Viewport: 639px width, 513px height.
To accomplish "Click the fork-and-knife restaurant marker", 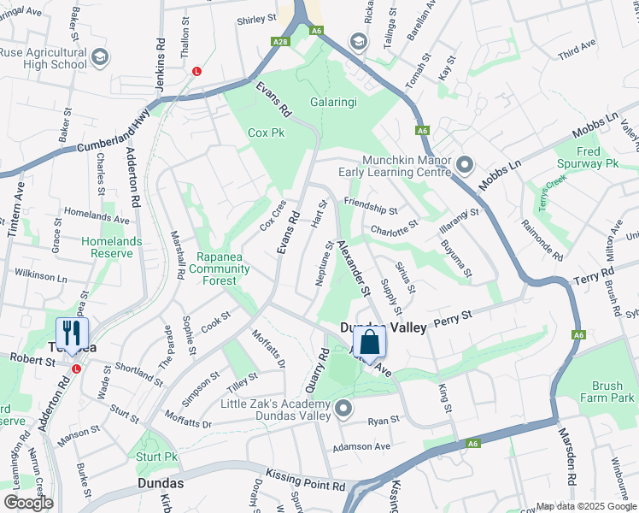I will tap(71, 335).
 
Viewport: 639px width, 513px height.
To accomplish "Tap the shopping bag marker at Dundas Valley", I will tap(369, 343).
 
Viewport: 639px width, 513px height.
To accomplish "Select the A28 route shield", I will tap(280, 41).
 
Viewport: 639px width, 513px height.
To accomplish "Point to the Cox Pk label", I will tap(266, 133).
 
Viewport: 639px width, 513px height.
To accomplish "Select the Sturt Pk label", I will tap(156, 457).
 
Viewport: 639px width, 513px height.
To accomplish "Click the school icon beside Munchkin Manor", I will tap(465, 163).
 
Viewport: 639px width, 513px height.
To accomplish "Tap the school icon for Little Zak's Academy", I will tap(343, 410).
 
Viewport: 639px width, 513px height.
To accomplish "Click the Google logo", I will tap(28, 502).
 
